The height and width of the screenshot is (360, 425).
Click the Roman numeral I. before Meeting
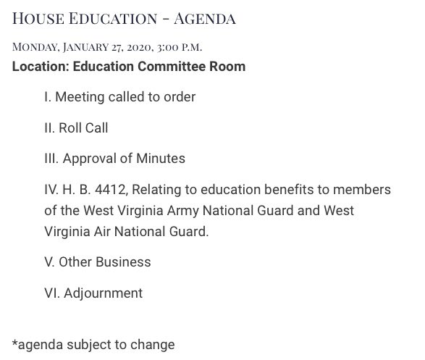click(x=46, y=96)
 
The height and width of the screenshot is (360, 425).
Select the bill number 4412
click(x=98, y=190)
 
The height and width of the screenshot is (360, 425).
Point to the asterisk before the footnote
click(x=14, y=343)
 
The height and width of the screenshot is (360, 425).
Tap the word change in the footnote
click(x=156, y=345)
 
